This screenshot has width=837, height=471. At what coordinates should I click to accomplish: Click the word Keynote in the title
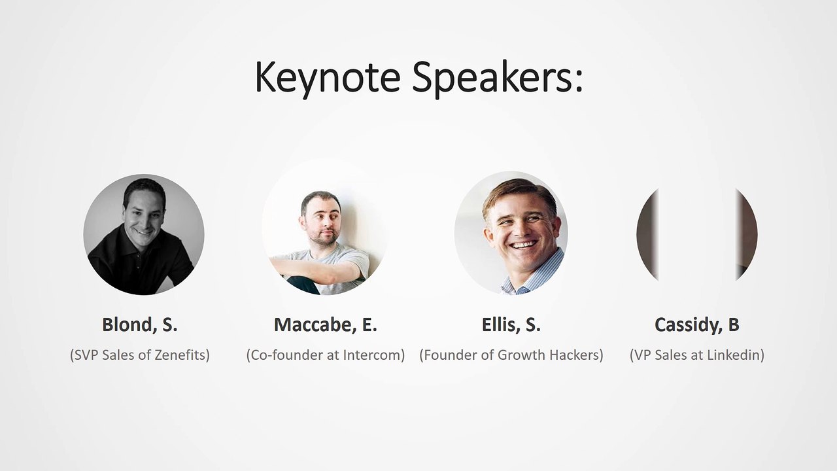point(328,78)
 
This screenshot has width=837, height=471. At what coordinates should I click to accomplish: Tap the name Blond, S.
point(140,325)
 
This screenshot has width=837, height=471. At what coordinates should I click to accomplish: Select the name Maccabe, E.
point(326,325)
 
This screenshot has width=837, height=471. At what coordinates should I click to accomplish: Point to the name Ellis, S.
point(511,325)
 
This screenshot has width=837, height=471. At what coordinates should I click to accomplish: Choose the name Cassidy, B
point(697,325)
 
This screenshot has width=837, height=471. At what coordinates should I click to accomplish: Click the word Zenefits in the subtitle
point(182,355)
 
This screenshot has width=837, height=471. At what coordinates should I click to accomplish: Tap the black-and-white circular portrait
point(144,234)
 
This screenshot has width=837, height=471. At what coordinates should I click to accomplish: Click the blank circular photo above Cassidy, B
point(697,234)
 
